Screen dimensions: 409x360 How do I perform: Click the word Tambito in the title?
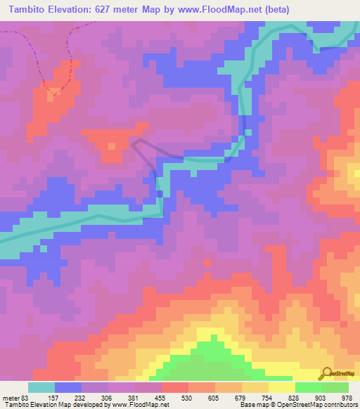tap(29, 10)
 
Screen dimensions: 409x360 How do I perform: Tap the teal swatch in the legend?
tap(41, 387)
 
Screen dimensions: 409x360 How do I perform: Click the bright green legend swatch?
tap(308, 387)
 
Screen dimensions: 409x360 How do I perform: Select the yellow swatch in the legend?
tap(281, 387)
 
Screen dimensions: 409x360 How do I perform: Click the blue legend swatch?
tap(67, 387)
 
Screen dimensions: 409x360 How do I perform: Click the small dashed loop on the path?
tap(53, 90)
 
